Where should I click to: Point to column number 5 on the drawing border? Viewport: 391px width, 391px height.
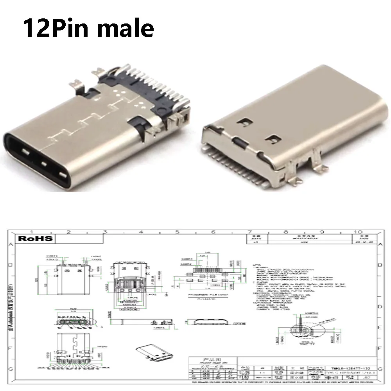tap(177, 232)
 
